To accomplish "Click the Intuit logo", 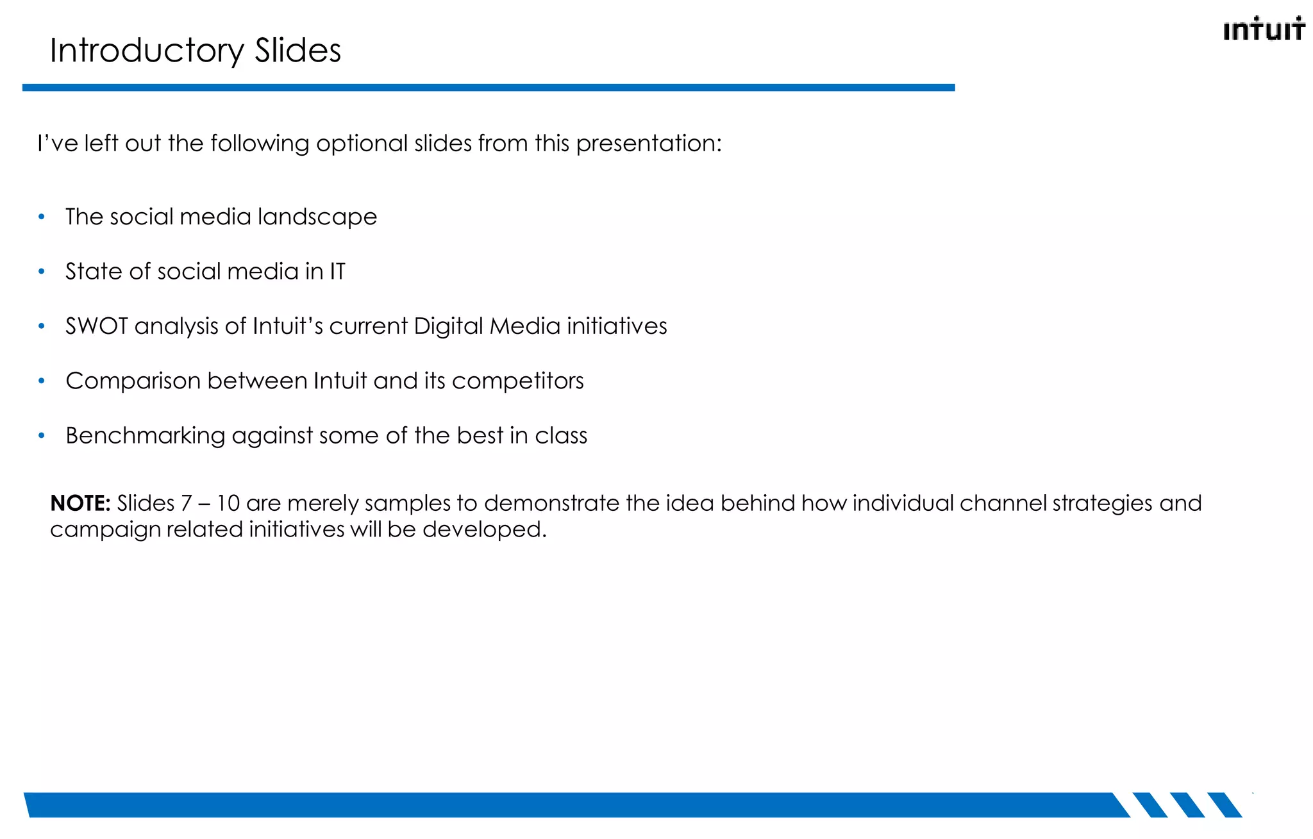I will coord(1263,29).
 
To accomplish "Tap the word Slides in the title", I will coord(297,51).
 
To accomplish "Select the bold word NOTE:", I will coord(81,503).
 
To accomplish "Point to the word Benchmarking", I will coord(144,436).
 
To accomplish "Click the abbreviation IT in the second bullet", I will coord(337,272).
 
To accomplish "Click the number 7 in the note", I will coord(186,503).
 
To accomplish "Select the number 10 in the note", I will coord(228,503).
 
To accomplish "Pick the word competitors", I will coord(517,381).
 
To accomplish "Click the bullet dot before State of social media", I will coord(42,272).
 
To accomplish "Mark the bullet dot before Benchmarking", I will coord(42,436).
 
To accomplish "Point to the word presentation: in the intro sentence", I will coord(649,144).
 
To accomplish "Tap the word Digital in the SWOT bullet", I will coord(448,326).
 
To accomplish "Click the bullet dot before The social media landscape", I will coord(42,217).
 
